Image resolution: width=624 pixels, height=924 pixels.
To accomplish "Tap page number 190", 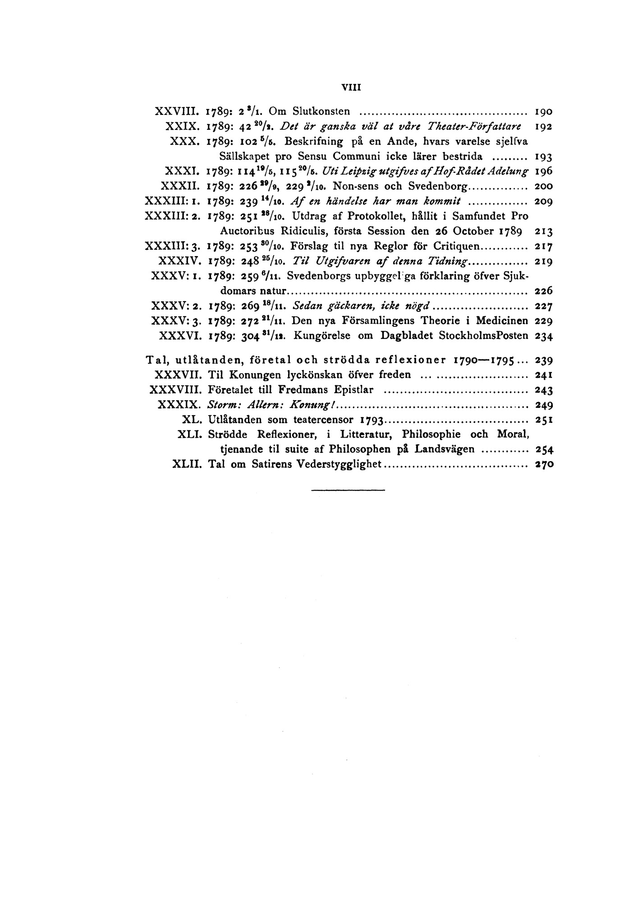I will pos(543,111).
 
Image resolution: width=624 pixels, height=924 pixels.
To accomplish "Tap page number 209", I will pos(543,201).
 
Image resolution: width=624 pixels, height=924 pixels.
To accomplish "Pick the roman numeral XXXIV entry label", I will pos(179,261).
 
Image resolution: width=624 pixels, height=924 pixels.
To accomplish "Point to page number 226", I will pos(543,291).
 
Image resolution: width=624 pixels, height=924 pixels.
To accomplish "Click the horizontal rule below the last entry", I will pos(348,489).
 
